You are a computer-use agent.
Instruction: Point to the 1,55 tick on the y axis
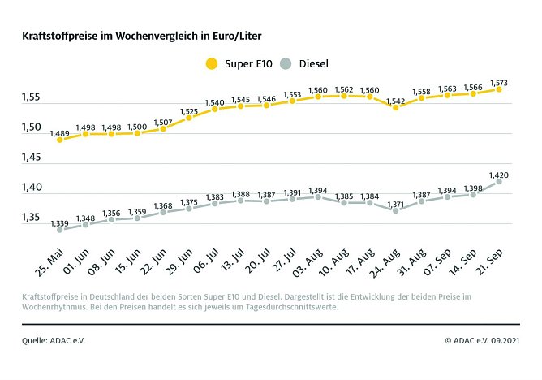pyautogui.click(x=32, y=97)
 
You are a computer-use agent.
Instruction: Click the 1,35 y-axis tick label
pyautogui.click(x=32, y=218)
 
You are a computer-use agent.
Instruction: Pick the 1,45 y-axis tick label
pyautogui.click(x=32, y=158)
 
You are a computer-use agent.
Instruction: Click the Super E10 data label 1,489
pyautogui.click(x=59, y=132)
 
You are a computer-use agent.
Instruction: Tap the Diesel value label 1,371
pyautogui.click(x=395, y=202)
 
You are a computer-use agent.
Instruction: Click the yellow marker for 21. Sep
pyautogui.click(x=500, y=89)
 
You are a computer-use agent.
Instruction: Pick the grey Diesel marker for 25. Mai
pyautogui.click(x=59, y=230)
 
